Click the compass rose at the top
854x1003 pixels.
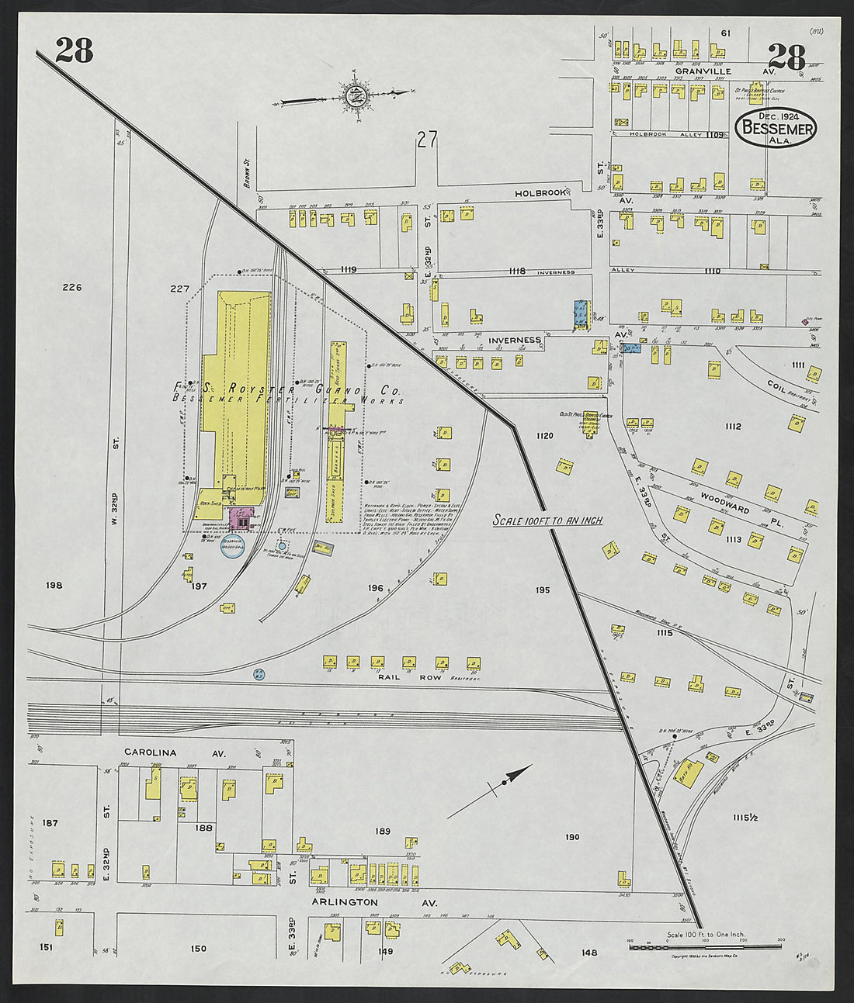(356, 96)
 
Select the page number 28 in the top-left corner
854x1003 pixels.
(74, 50)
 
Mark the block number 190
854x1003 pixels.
(572, 837)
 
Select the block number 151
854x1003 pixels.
(47, 947)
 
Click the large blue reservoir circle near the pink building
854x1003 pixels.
(232, 548)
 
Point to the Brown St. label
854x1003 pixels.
(244, 174)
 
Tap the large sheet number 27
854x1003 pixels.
(426, 140)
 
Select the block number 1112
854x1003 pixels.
(732, 426)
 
